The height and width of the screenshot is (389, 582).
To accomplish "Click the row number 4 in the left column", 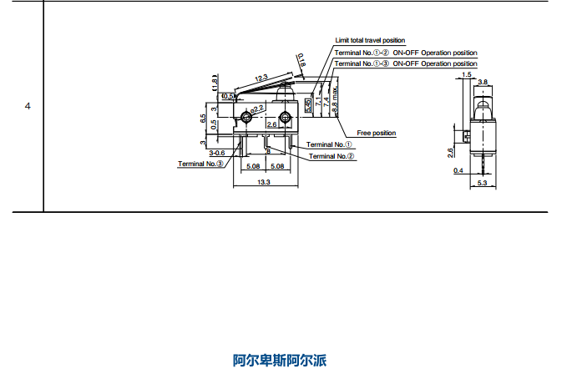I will (x=28, y=107).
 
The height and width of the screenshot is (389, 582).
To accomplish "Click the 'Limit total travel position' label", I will (x=370, y=40).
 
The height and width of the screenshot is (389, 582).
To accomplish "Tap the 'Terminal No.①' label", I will (x=329, y=144).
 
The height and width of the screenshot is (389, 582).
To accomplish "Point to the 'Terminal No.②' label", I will (x=331, y=155).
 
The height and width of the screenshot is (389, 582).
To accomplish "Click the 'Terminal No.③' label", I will (x=200, y=164).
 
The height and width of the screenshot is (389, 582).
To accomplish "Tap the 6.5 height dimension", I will (x=204, y=118).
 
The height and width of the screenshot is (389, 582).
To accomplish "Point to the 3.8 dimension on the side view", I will (x=483, y=82).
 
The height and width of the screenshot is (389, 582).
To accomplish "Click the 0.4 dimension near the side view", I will (x=458, y=170).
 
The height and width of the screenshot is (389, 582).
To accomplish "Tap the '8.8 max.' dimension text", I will (x=335, y=99).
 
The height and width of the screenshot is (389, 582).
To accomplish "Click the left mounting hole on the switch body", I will (x=245, y=115).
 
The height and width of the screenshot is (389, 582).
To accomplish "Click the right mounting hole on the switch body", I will (x=285, y=115).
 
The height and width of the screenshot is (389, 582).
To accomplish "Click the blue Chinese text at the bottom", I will (x=279, y=361).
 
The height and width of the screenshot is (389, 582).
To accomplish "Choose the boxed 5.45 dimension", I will (x=308, y=105).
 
